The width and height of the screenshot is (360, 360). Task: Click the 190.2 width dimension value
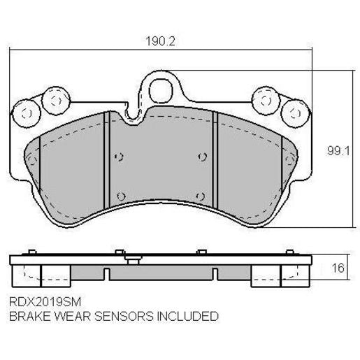coord(160,41)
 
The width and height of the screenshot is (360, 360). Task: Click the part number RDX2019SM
coord(43,302)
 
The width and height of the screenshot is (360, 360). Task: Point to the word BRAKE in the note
coord(28,316)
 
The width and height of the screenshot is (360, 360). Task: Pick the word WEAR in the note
coord(69,316)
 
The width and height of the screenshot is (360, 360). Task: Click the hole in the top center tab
coord(161,89)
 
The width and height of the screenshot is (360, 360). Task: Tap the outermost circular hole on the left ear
coord(26,112)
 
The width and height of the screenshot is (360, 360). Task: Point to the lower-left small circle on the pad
coord(120,195)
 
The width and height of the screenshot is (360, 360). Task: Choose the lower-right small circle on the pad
coord(200,195)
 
